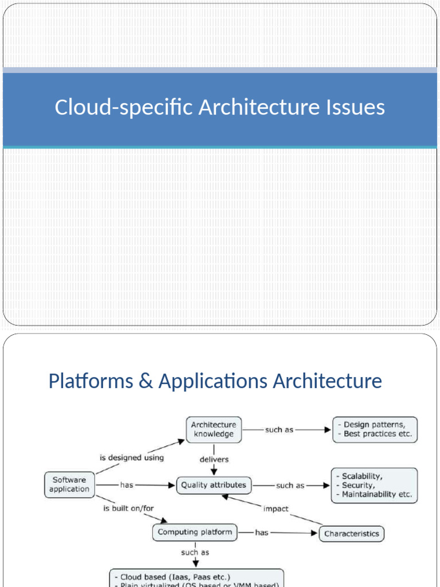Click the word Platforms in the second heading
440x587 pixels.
pos(91,381)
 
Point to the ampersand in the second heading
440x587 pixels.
pos(146,381)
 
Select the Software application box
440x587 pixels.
pos(69,484)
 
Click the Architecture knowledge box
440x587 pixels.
pos(213,429)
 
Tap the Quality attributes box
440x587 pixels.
pos(213,485)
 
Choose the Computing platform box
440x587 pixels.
pos(195,532)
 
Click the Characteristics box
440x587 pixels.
pos(351,533)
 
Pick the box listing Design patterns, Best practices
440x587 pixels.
pos(375,429)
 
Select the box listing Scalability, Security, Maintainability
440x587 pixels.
pos(374,485)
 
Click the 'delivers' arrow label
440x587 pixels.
pos(214,459)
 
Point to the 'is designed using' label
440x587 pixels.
pos(132,457)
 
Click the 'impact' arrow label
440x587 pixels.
pos(276,508)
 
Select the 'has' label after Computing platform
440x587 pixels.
pos(261,533)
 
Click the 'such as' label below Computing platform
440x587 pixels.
pos(195,553)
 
